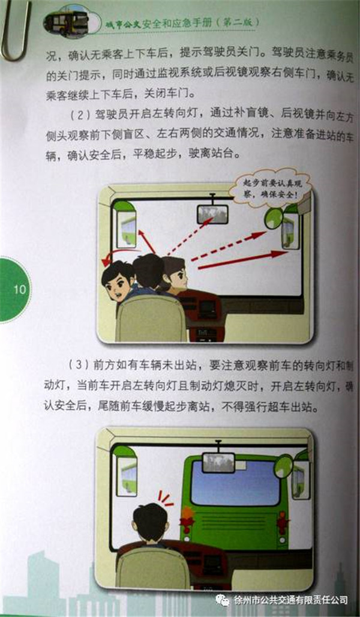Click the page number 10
tap(19, 290)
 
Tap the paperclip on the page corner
tap(15, 29)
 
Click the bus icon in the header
tap(65, 23)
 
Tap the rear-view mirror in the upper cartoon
tap(212, 214)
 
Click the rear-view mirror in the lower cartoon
tap(218, 462)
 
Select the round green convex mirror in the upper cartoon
tap(274, 218)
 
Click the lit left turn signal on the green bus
tap(186, 517)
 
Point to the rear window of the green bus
tap(235, 483)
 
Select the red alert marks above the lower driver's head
tap(166, 498)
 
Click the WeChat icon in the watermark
tap(223, 599)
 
